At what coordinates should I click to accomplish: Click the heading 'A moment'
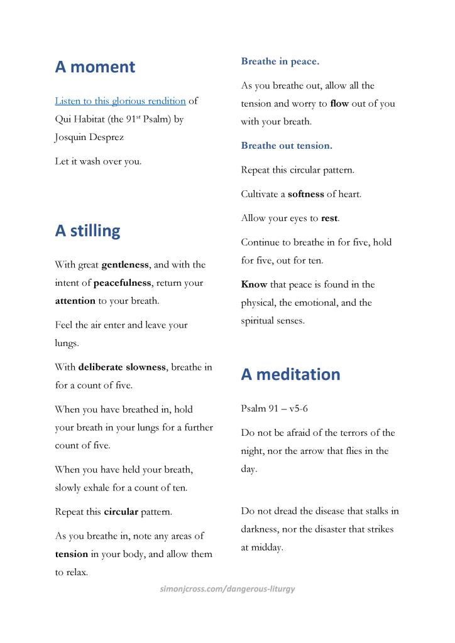click(95, 67)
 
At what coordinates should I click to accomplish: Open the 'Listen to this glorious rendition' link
click(120, 100)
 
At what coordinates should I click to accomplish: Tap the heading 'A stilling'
click(87, 231)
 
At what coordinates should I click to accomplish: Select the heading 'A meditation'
click(290, 374)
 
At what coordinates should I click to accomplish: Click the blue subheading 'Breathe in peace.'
click(280, 62)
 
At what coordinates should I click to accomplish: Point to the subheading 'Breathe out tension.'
click(287, 146)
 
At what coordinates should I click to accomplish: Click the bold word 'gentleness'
click(125, 265)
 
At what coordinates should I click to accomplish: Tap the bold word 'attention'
click(75, 301)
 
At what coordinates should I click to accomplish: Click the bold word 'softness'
click(306, 194)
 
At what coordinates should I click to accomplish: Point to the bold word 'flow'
click(339, 104)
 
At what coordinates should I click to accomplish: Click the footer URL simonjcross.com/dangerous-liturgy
click(227, 588)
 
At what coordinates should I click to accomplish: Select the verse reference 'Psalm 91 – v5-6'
click(274, 409)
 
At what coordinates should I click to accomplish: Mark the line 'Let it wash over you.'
click(98, 161)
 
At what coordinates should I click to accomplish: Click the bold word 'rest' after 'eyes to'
click(329, 219)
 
